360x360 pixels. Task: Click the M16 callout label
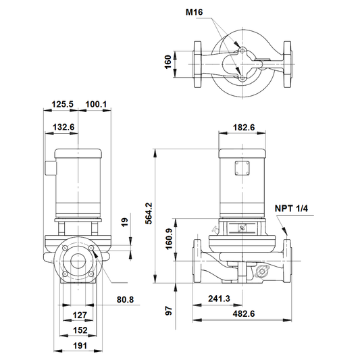click(194, 12)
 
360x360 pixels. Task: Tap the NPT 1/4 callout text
click(291, 209)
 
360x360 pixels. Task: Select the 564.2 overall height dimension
click(149, 213)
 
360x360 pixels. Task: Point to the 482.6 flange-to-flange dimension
click(244, 313)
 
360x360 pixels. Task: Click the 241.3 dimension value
click(219, 299)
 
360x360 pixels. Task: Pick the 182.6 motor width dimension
click(244, 127)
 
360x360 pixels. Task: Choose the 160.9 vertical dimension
click(169, 239)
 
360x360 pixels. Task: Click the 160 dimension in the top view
click(168, 61)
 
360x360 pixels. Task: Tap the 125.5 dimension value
click(62, 104)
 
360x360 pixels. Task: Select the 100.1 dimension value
click(96, 104)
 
